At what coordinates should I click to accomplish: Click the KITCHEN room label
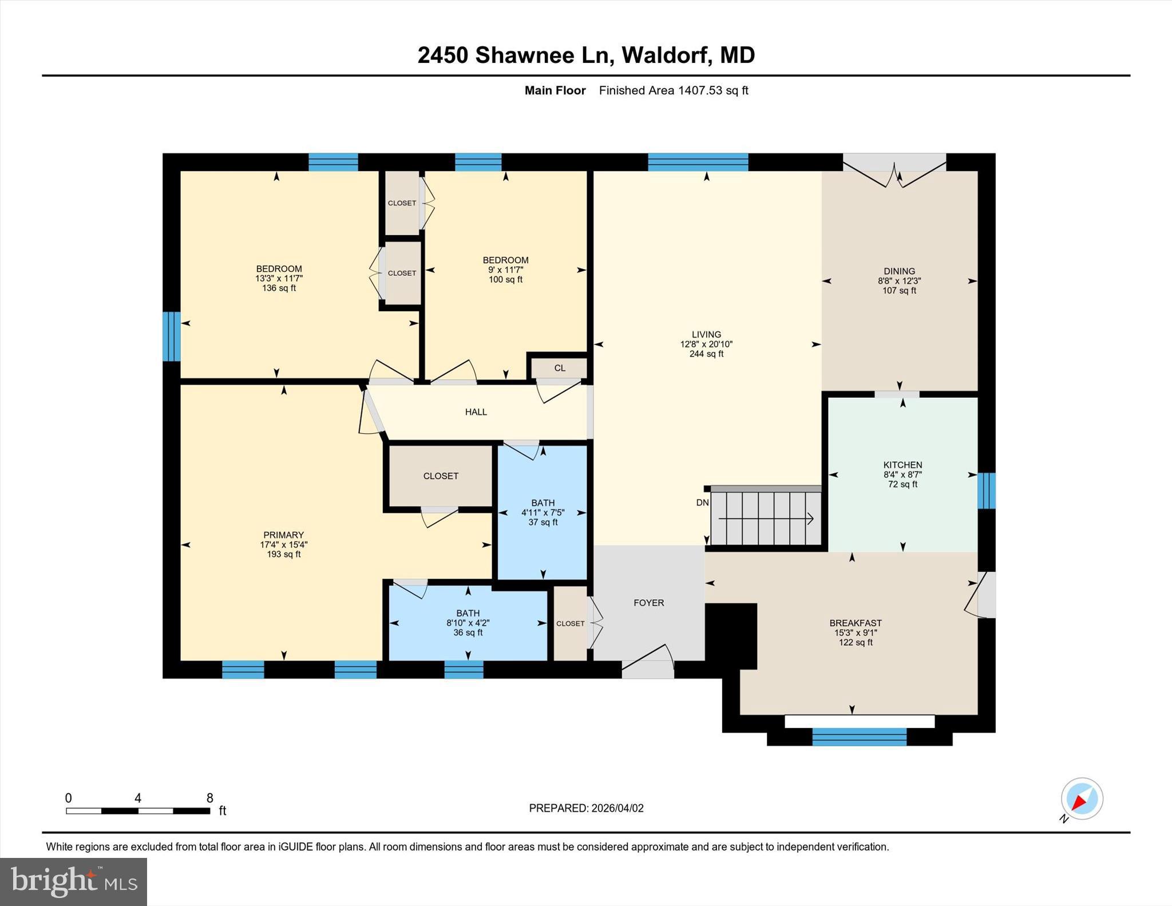902,465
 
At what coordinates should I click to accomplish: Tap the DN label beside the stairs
702,503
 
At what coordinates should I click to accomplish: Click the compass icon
1082,799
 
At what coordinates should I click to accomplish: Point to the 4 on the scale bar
138,798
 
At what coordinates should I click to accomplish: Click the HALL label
476,412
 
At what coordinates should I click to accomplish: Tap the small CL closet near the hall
560,368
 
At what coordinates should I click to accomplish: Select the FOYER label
648,603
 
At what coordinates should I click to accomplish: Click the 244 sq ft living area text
706,354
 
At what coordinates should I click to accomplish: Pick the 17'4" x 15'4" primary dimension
283,545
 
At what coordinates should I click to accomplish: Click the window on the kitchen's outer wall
986,490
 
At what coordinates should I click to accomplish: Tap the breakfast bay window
859,737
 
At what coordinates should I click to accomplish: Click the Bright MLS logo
73,881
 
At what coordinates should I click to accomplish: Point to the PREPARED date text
586,808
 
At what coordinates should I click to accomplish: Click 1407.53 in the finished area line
700,90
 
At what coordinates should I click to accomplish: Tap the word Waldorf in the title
667,55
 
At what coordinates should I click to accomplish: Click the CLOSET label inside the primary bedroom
441,476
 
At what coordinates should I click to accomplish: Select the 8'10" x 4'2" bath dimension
468,623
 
